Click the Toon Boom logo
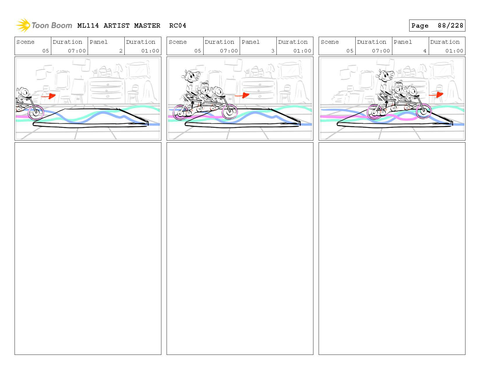pyautogui.click(x=44, y=25)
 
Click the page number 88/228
pyautogui.click(x=450, y=26)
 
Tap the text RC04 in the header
pyautogui.click(x=177, y=26)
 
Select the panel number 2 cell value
pyautogui.click(x=121, y=51)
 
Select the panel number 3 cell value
pyautogui.click(x=273, y=51)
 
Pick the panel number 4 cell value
pyautogui.click(x=425, y=51)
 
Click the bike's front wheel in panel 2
pyautogui.click(x=36, y=112)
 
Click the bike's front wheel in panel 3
pyautogui.click(x=230, y=112)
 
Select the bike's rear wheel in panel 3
pyautogui.click(x=180, y=112)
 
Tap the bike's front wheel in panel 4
pyautogui.click(x=423, y=111)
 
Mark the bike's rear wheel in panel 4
pyautogui.click(x=375, y=111)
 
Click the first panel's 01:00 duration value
pyautogui.click(x=150, y=51)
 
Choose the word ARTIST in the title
pyautogui.click(x=117, y=26)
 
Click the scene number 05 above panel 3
pyautogui.click(x=198, y=51)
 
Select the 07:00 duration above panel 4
pyautogui.click(x=381, y=51)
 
